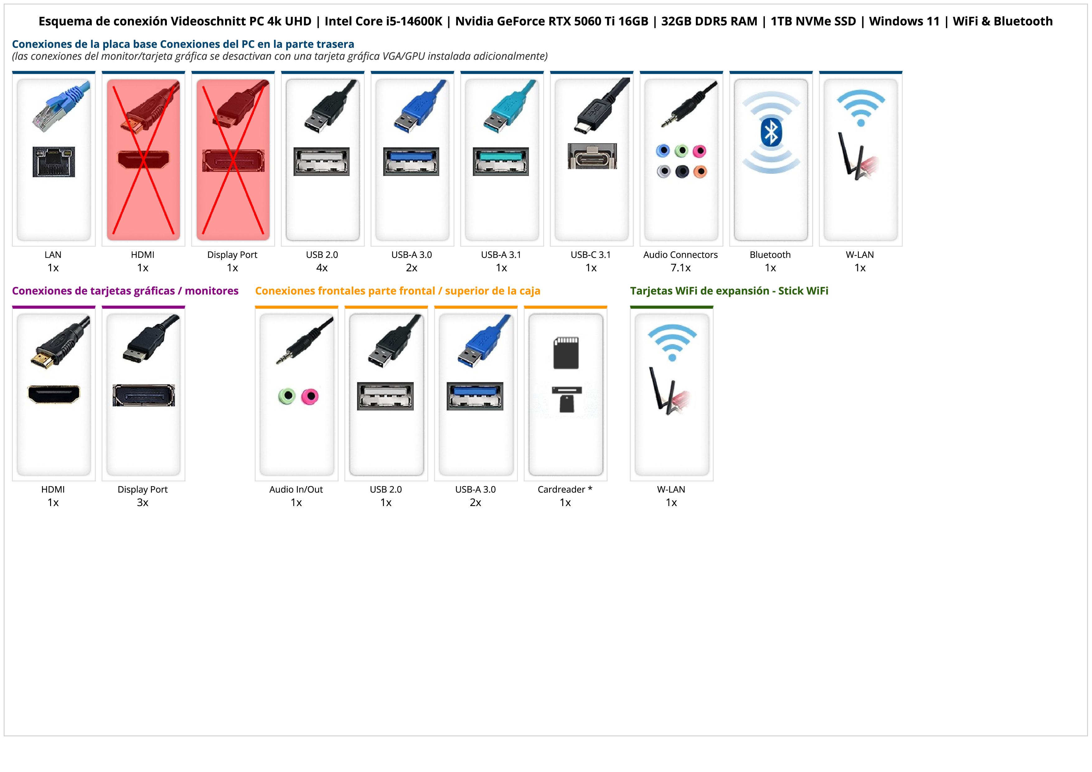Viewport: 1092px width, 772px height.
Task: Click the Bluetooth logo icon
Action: tap(770, 132)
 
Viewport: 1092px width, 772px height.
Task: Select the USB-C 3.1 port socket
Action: tap(592, 156)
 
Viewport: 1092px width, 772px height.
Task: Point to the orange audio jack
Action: tap(700, 171)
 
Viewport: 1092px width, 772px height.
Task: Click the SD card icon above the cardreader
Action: tap(566, 353)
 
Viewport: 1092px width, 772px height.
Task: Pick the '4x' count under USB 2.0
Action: tap(322, 268)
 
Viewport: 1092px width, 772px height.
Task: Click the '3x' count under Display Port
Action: tap(143, 502)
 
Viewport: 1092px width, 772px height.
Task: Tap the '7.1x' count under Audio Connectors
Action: tap(680, 268)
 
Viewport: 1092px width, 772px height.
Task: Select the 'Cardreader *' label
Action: tap(565, 490)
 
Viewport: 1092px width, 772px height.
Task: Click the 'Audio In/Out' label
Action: tap(296, 490)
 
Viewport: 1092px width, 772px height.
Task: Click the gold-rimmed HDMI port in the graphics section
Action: tap(54, 394)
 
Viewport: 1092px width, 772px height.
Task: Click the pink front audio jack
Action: tap(310, 396)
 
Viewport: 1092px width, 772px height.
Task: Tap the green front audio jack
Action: tap(287, 396)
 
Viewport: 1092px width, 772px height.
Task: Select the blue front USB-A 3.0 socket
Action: tap(475, 396)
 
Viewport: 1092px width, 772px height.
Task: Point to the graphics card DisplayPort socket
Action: tap(144, 395)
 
